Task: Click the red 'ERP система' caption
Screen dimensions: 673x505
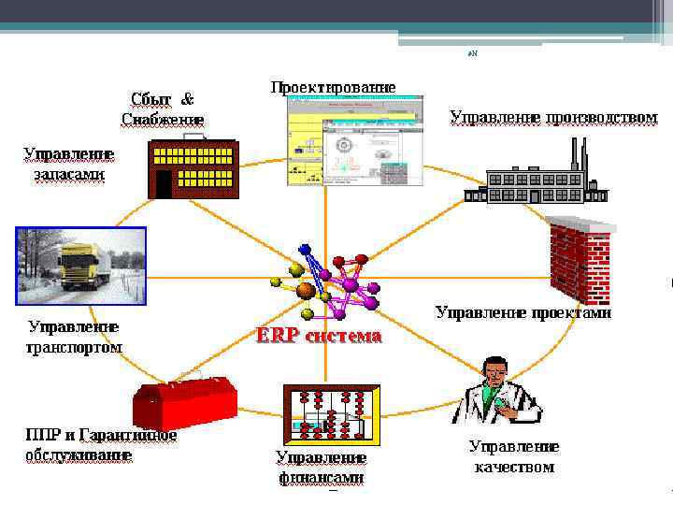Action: [x=319, y=336]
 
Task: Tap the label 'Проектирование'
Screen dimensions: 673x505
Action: [x=333, y=87]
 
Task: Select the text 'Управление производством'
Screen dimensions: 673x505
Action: [x=553, y=117]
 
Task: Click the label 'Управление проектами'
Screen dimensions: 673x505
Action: [x=523, y=313]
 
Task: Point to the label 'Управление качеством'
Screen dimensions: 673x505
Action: [x=514, y=457]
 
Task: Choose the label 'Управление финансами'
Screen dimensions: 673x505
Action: [x=321, y=467]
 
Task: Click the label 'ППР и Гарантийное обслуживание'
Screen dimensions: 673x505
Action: [x=101, y=445]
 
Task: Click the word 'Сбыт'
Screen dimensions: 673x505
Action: [x=150, y=98]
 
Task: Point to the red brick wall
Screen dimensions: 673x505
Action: [x=580, y=258]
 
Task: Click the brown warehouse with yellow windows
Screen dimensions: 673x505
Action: [x=194, y=167]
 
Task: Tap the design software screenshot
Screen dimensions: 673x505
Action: [x=354, y=140]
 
